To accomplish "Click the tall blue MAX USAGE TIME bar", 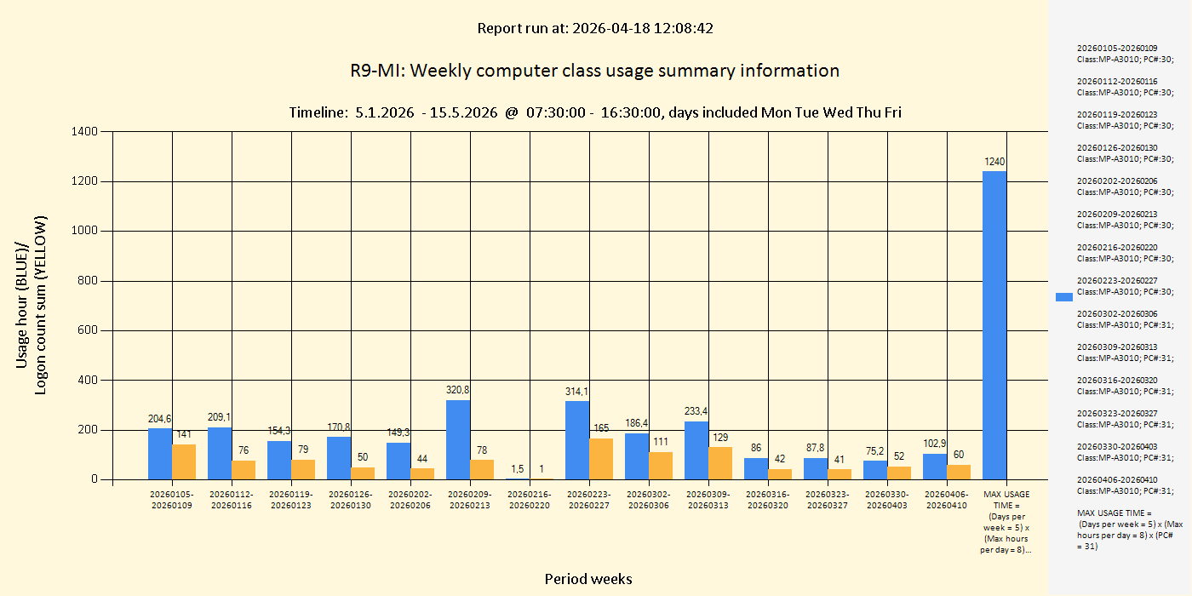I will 994,325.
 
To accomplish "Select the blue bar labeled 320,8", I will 458,439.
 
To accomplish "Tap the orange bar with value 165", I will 601,459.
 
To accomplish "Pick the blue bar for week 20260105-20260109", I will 160,454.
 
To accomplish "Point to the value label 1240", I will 994,162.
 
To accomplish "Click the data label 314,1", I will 577,392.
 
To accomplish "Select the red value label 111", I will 661,442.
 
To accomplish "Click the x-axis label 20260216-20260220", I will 530,500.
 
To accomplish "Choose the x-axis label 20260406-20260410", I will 947,500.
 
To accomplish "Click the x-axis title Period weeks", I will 588,579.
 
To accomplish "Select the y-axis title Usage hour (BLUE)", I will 22,305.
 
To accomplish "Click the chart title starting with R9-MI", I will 594,71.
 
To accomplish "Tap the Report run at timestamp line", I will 594,28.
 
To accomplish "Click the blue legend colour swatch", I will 1064,297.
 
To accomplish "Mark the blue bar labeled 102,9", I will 935,467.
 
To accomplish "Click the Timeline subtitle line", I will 594,112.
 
